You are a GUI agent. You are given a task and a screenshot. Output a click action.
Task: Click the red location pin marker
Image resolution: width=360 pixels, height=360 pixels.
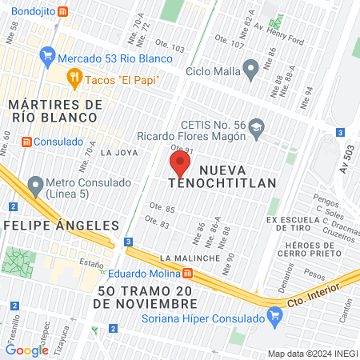[180, 165]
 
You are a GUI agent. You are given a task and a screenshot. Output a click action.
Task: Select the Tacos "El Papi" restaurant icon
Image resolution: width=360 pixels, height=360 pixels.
[74, 78]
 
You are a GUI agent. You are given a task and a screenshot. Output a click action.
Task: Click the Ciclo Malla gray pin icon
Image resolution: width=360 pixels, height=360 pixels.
[250, 69]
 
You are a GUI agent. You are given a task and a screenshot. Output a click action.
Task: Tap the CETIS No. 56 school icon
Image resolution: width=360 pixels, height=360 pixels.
[257, 126]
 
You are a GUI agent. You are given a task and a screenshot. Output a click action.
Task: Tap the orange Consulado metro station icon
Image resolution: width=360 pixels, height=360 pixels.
[27, 142]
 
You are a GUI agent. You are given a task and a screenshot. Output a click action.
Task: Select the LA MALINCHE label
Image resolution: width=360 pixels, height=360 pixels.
[190, 258]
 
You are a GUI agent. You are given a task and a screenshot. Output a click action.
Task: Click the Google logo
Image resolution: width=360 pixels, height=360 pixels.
[26, 350]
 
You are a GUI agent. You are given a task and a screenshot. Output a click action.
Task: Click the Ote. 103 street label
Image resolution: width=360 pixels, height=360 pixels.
[171, 50]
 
